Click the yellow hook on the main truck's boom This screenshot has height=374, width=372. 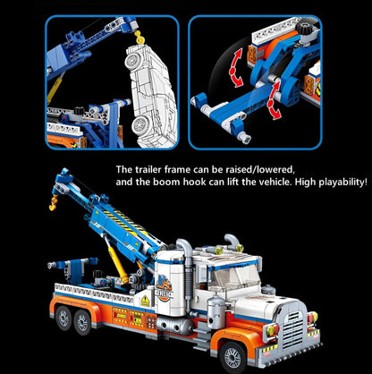[54, 203]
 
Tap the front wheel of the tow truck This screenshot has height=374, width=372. [232, 357]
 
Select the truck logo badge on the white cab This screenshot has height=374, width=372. [164, 288]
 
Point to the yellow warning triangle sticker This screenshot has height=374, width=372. [146, 302]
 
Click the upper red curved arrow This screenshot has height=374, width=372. [236, 68]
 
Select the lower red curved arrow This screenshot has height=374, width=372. [273, 100]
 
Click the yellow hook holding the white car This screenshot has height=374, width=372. [139, 38]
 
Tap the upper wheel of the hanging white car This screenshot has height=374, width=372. [131, 61]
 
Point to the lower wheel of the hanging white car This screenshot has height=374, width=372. [140, 124]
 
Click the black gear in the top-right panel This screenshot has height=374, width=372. [304, 29]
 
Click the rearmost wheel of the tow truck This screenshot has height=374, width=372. [63, 319]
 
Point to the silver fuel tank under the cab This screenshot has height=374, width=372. [174, 326]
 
